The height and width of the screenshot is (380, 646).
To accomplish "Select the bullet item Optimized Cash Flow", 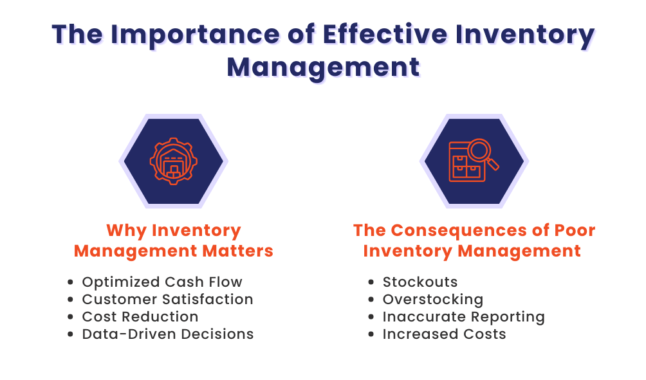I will [x=162, y=282].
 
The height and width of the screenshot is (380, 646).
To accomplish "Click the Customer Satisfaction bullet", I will [x=167, y=299].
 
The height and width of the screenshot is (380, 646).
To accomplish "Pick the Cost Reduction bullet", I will [x=140, y=316].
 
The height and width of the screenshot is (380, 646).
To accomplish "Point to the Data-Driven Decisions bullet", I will [x=167, y=334].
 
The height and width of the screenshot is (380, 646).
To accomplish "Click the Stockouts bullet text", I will [x=420, y=282].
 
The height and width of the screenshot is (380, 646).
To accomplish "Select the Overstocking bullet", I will [x=432, y=299].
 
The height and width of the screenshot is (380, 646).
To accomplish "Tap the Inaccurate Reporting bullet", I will [x=463, y=316].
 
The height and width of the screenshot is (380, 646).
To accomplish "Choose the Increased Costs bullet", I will [x=444, y=334].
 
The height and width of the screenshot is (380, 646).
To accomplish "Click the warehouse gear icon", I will [x=172, y=160].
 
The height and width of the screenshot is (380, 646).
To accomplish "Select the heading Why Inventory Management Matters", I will [x=173, y=240].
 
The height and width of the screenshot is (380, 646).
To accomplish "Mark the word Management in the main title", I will [x=323, y=67].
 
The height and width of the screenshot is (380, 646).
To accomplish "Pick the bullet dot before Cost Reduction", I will [x=71, y=317].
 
